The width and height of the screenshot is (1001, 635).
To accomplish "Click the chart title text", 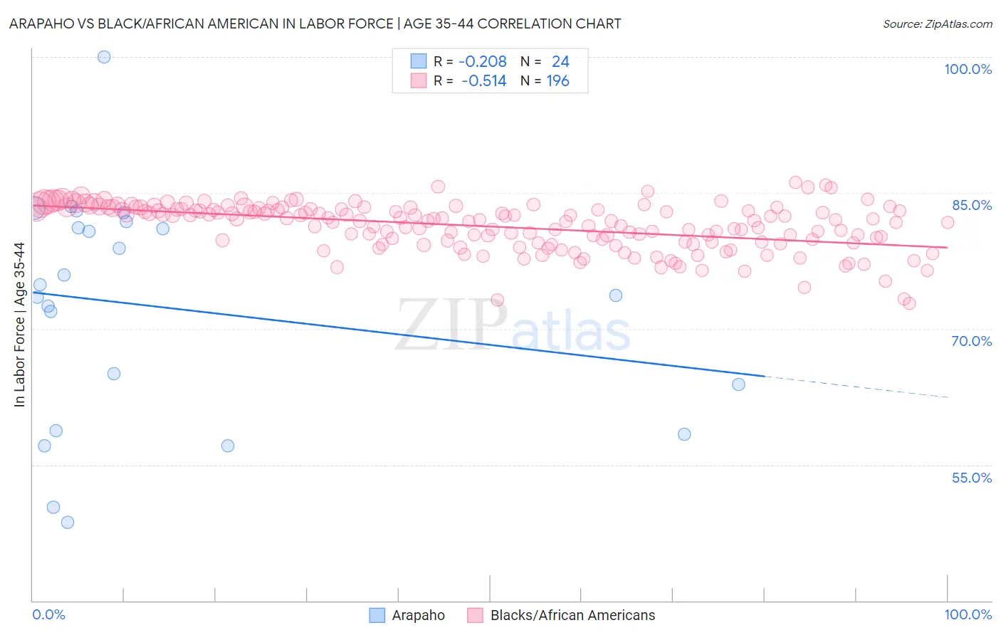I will click(x=315, y=23).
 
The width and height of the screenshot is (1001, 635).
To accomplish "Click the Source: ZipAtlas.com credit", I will click(x=937, y=23).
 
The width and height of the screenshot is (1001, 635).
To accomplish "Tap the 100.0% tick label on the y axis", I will click(x=968, y=69).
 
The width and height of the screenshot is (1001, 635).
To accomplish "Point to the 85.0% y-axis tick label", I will click(x=971, y=205).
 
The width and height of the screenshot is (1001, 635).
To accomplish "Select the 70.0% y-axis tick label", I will click(x=971, y=341).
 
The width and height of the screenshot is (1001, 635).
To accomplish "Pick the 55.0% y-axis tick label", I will click(x=971, y=478).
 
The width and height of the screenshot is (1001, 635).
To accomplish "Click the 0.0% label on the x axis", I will click(x=48, y=614).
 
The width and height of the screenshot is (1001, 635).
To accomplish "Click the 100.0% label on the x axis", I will click(x=968, y=614).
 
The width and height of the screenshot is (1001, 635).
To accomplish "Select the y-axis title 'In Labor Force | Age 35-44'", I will click(x=19, y=325).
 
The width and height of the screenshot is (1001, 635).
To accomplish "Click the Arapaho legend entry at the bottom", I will click(x=417, y=615).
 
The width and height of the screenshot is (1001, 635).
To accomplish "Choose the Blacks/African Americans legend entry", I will click(x=572, y=615).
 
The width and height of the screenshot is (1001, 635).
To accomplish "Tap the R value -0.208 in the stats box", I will click(x=482, y=62).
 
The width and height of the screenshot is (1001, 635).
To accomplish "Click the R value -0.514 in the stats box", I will click(x=483, y=81).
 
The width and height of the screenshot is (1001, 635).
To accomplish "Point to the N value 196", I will click(x=557, y=81).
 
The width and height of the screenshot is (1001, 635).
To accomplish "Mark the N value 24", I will click(x=560, y=62).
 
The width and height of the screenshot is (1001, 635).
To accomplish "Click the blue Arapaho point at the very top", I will click(x=104, y=57).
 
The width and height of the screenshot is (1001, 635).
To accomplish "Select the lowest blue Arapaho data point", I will click(x=68, y=523).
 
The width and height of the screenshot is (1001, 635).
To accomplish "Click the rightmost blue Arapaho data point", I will click(x=738, y=384).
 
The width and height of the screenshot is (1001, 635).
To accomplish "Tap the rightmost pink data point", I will click(x=948, y=223).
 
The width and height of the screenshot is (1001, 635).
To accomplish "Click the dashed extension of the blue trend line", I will click(x=854, y=387).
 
